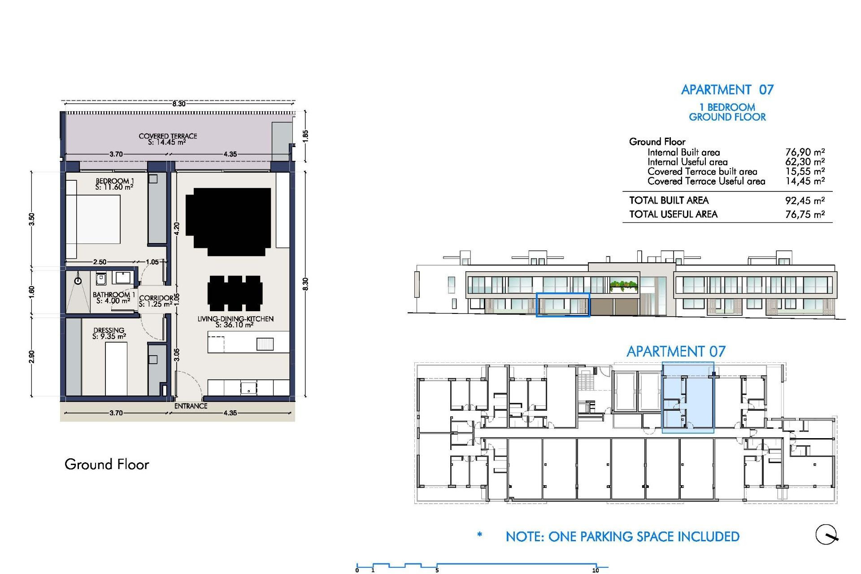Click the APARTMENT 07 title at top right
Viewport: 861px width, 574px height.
pyautogui.click(x=727, y=90)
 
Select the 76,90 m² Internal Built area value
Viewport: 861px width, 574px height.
pyautogui.click(x=804, y=152)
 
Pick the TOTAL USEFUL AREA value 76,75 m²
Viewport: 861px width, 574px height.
pyautogui.click(x=804, y=214)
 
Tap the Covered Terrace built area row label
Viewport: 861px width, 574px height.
pyautogui.click(x=702, y=171)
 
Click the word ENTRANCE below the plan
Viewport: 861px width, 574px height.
pyautogui.click(x=191, y=406)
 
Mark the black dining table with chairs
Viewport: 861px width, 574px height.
pyautogui.click(x=235, y=293)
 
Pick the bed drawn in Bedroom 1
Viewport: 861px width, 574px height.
pyautogui.click(x=93, y=219)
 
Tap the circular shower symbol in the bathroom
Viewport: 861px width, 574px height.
pyautogui.click(x=78, y=281)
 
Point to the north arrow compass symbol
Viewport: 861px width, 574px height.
pyautogui.click(x=826, y=535)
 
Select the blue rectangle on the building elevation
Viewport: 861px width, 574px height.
pyautogui.click(x=563, y=305)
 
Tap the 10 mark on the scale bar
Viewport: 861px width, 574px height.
pyautogui.click(x=596, y=570)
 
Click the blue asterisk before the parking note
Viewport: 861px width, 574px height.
pyautogui.click(x=479, y=535)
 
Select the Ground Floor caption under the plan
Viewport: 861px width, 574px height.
pyautogui.click(x=107, y=464)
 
